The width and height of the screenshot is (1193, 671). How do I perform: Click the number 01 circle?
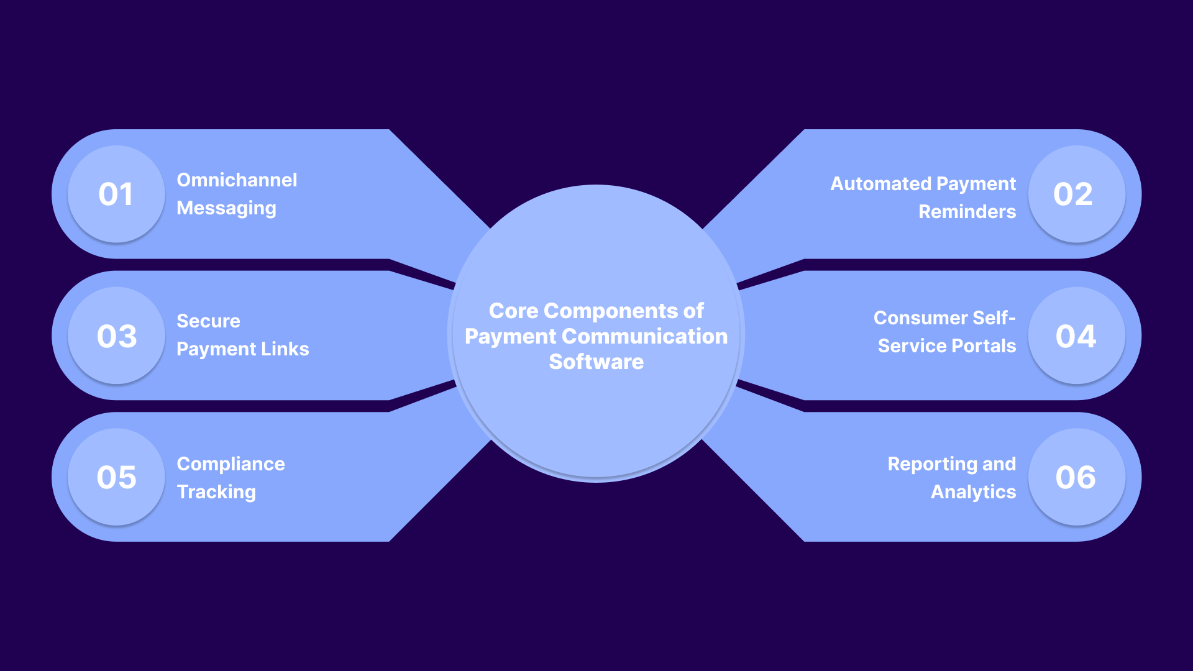116,194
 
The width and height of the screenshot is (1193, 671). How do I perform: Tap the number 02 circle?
1076,194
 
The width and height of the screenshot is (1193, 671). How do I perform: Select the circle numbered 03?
116,335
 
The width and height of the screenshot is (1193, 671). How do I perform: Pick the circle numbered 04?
1076,335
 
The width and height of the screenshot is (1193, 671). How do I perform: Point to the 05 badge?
116,477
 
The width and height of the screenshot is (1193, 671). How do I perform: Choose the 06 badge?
1076,477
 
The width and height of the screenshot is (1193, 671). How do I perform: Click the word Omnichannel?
237,180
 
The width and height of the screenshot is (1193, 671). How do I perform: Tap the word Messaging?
226,208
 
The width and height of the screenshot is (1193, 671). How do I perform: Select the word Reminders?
967,212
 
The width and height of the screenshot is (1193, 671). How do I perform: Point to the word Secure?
208,321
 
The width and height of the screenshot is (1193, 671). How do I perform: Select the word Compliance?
231,464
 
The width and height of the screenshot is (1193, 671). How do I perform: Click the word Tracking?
216,492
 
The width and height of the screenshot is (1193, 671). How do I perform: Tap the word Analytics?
973,492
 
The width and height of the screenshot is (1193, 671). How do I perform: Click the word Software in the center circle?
596,362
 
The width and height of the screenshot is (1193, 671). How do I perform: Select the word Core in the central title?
513,311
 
